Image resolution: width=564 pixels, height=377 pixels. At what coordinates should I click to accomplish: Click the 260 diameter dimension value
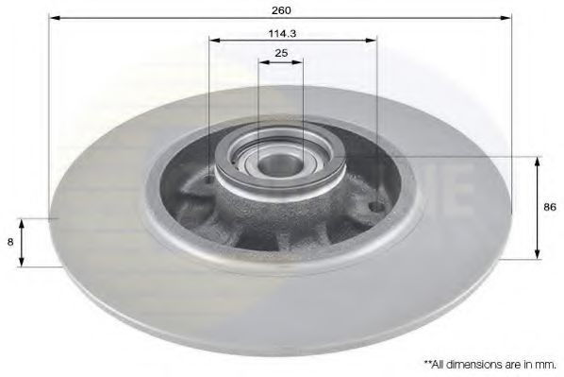(x=281, y=10)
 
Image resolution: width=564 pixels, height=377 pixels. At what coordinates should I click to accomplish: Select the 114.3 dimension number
(x=282, y=33)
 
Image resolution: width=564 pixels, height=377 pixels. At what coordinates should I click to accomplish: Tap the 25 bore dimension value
(x=281, y=53)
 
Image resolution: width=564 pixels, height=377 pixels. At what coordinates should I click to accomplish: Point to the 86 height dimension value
(x=550, y=207)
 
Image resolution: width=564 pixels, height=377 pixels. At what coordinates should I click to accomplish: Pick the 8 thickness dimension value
(x=10, y=242)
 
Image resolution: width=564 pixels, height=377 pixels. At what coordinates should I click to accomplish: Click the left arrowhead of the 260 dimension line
(x=54, y=17)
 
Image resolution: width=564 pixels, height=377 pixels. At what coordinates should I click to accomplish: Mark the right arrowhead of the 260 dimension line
(x=506, y=17)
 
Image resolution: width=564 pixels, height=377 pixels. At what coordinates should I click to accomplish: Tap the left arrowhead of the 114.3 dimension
(x=214, y=40)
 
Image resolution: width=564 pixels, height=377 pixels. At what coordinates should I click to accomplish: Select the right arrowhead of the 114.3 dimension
(x=371, y=40)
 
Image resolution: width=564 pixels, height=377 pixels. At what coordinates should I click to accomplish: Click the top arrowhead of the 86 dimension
(x=538, y=163)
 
